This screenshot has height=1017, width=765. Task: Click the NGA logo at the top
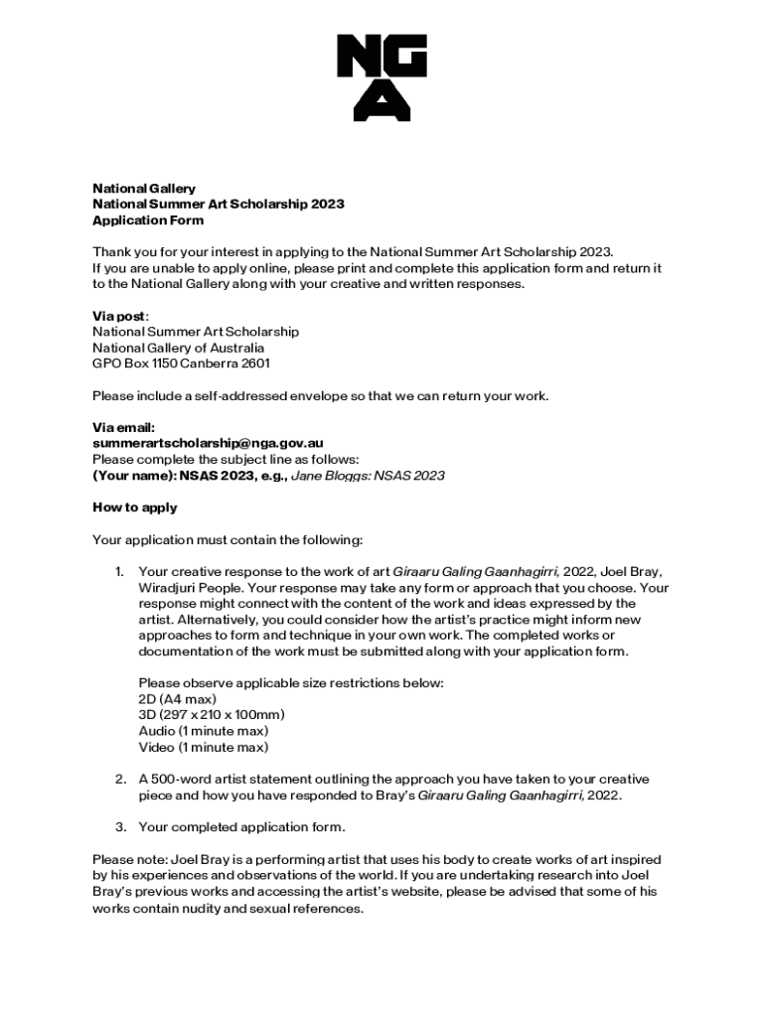(x=382, y=77)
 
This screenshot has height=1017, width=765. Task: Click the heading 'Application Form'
(x=148, y=220)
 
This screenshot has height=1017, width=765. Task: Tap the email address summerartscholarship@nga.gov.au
(x=208, y=443)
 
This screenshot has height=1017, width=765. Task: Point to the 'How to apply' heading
(x=135, y=508)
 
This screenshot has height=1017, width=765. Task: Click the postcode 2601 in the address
(x=254, y=363)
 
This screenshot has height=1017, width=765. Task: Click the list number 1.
(x=118, y=572)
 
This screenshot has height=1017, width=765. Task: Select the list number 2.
(x=118, y=780)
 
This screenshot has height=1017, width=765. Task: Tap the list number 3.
(x=118, y=826)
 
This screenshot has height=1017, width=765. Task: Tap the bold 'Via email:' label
(x=123, y=427)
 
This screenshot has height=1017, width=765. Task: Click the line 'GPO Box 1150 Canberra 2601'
(x=181, y=363)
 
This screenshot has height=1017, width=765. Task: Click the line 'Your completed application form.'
(x=242, y=826)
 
